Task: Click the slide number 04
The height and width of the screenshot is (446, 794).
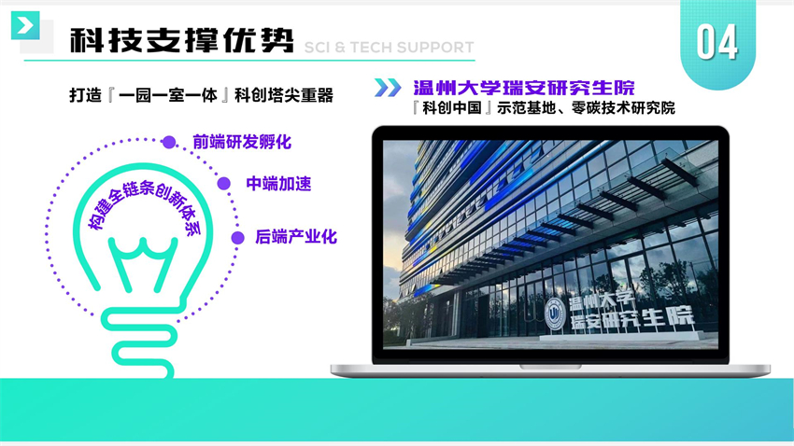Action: coord(717,42)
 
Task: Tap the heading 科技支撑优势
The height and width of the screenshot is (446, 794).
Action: coord(182,40)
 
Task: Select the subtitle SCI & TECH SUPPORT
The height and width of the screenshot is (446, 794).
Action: coord(389,48)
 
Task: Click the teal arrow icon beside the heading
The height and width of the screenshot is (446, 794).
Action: coord(25,25)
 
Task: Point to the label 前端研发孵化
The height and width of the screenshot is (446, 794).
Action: coord(242,142)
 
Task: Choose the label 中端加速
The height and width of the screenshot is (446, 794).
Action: coord(278,184)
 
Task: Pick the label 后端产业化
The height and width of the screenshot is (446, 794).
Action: coord(296,237)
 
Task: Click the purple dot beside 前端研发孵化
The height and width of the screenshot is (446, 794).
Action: coord(169,143)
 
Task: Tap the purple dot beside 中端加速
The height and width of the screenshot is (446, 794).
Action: coord(224,184)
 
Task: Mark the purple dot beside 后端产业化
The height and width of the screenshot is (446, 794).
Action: coord(237,238)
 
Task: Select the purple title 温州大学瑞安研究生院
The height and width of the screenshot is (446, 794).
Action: coord(524,88)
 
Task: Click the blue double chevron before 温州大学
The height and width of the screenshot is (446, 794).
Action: coord(388,88)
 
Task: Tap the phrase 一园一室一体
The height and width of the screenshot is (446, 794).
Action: coord(168,95)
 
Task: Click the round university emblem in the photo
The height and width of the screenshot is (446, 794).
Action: coord(556,314)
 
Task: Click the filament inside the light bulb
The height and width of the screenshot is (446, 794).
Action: coord(143,263)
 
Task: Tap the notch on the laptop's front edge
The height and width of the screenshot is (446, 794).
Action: coord(550,366)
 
